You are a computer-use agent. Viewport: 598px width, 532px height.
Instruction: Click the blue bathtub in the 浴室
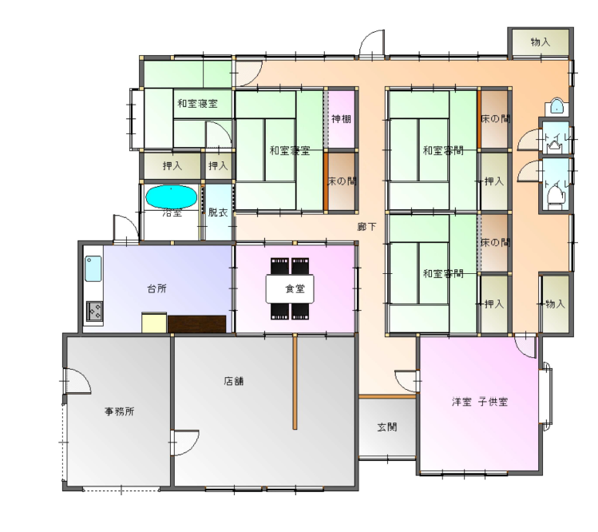tap(171, 197)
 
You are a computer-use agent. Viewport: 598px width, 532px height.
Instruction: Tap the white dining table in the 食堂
tap(290, 289)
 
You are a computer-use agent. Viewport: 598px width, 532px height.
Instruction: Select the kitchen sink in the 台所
tap(93, 268)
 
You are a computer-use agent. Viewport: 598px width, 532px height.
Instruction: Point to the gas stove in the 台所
tap(94, 311)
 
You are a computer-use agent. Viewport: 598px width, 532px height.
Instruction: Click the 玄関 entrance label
tap(387, 427)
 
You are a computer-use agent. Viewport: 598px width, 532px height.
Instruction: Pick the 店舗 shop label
tap(234, 381)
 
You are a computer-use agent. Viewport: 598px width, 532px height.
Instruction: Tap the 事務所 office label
tap(120, 411)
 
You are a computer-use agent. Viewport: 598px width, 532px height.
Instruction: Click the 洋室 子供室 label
tap(480, 402)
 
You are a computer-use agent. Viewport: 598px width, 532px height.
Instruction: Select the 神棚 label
tap(341, 119)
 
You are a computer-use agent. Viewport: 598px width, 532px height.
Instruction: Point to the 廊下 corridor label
tap(367, 227)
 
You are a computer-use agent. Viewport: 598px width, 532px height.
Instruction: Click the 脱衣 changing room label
tap(218, 212)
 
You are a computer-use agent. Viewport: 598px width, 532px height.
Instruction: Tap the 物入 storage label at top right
tap(541, 42)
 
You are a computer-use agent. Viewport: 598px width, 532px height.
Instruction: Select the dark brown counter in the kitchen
tap(196, 324)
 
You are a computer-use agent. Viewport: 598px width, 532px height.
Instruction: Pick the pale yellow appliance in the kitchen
tap(154, 323)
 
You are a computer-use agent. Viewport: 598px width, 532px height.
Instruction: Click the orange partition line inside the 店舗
tap(295, 382)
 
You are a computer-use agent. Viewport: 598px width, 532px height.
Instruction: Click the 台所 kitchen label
tap(156, 288)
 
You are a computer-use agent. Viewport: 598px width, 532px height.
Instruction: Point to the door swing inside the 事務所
tap(78, 381)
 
